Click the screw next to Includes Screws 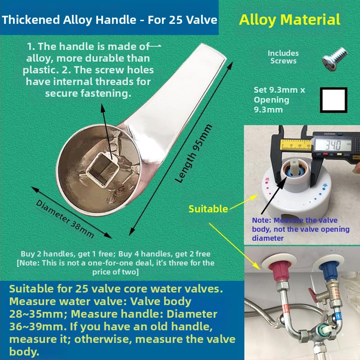(334, 59)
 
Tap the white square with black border (333, 100)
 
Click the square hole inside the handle (103, 170)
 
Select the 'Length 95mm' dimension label (193, 153)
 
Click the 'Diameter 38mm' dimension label (65, 219)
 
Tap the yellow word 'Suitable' (208, 209)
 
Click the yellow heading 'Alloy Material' (289, 20)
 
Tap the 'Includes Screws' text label (283, 57)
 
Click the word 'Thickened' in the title (31, 20)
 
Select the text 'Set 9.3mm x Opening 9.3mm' (279, 99)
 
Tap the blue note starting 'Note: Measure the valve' (301, 229)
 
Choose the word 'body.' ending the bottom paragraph (24, 351)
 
